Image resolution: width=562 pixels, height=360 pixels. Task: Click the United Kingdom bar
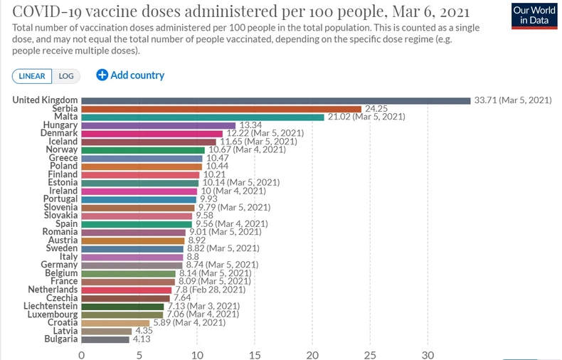(x=276, y=100)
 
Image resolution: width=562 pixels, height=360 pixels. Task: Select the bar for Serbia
(x=221, y=108)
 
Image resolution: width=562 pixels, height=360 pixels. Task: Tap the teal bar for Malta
(x=203, y=117)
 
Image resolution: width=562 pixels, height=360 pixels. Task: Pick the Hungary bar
(x=159, y=125)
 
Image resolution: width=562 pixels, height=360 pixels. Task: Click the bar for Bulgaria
(x=105, y=339)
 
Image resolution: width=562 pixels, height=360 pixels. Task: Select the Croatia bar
(x=115, y=322)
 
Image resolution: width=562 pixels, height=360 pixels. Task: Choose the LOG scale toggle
(x=66, y=76)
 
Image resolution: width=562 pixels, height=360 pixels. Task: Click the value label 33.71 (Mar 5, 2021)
(x=512, y=100)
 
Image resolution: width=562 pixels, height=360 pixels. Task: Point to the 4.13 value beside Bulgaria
(x=142, y=339)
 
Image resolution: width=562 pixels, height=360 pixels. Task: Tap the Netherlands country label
(x=53, y=290)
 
